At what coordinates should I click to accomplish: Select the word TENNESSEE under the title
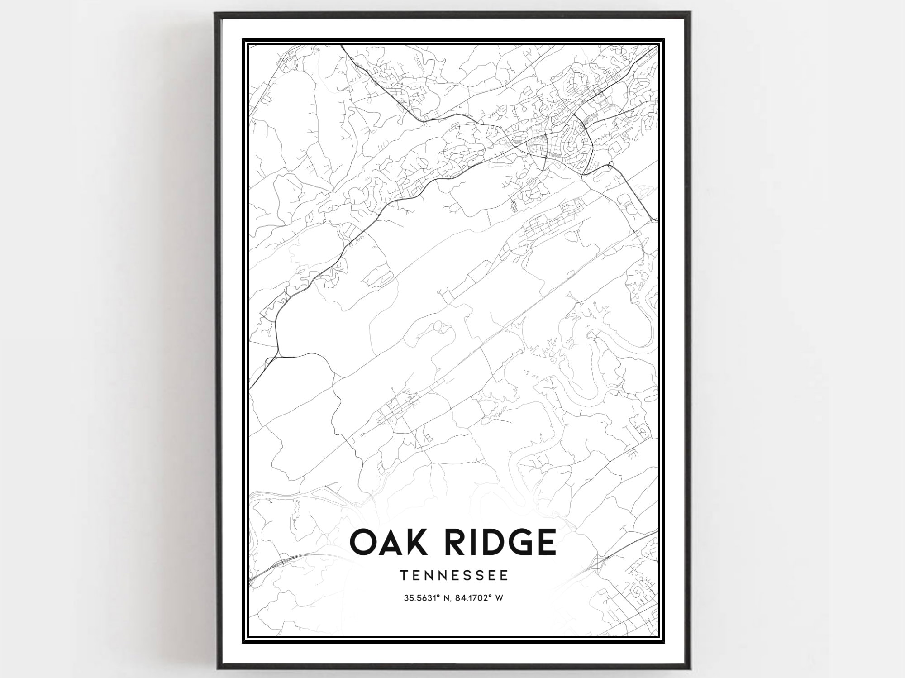pyautogui.click(x=454, y=575)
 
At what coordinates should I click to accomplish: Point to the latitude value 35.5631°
pyautogui.click(x=422, y=598)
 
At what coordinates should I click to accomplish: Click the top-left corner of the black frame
pyautogui.click(x=216, y=14)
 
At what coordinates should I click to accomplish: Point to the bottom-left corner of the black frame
pyautogui.click(x=216, y=669)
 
